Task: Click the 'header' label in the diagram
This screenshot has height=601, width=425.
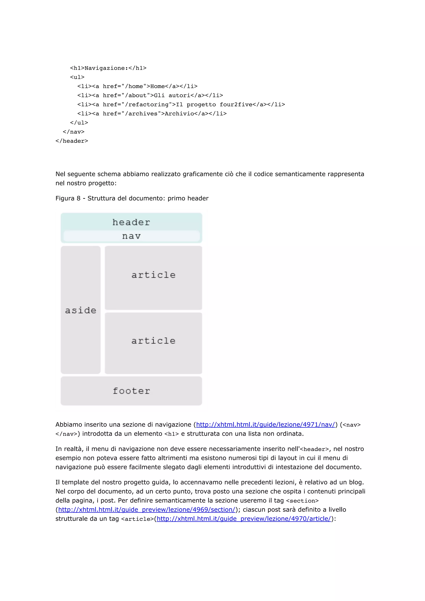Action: pos(131,222)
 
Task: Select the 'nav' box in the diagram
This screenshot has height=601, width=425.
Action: pos(131,236)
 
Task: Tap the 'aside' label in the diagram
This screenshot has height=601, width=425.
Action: pos(81,310)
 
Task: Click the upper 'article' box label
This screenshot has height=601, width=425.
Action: pos(153,275)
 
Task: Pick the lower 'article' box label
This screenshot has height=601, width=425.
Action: pos(153,341)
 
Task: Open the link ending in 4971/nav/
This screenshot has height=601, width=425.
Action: pos(266,425)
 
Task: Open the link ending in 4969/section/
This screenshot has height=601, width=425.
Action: pos(147,509)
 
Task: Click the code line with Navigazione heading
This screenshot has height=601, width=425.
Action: pos(108,68)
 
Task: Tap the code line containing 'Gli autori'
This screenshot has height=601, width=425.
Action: pos(150,95)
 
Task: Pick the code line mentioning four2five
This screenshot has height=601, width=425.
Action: pos(181,105)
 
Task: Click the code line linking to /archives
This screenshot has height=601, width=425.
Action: pos(152,114)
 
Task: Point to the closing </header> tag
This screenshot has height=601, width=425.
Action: pos(72,141)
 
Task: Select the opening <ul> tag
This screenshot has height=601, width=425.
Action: pos(77,77)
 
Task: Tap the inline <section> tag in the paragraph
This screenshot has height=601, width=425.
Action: pos(302,500)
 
